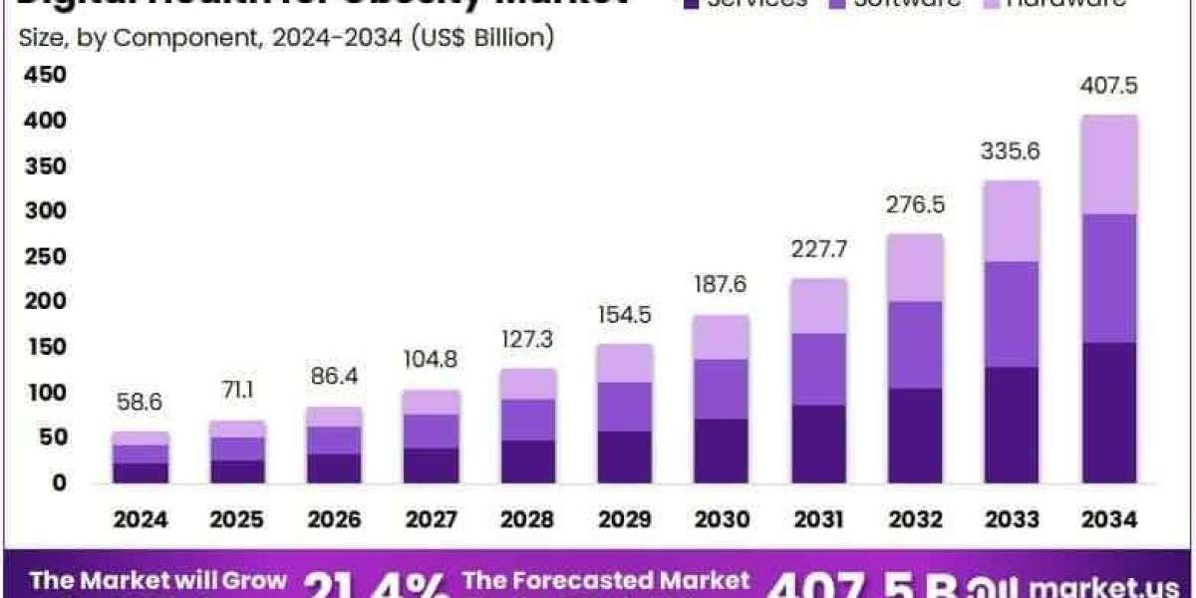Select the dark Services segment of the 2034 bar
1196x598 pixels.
pyautogui.click(x=1109, y=413)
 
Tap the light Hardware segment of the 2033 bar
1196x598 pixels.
pyautogui.click(x=1012, y=221)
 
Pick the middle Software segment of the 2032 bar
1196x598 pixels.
pyautogui.click(x=915, y=345)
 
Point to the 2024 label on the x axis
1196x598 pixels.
pyautogui.click(x=141, y=519)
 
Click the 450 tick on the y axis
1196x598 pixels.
pyautogui.click(x=44, y=76)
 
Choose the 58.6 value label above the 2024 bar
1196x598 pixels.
pyautogui.click(x=141, y=403)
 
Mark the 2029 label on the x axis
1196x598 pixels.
pyautogui.click(x=624, y=519)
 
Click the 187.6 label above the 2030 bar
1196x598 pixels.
pyautogui.click(x=721, y=286)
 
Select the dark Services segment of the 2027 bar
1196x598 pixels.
pyautogui.click(x=431, y=465)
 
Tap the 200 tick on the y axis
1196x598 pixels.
pyautogui.click(x=44, y=302)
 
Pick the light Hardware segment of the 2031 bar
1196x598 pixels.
pyautogui.click(x=818, y=306)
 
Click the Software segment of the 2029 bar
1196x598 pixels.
pyautogui.click(x=624, y=407)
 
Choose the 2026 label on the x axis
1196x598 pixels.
pyautogui.click(x=334, y=519)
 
